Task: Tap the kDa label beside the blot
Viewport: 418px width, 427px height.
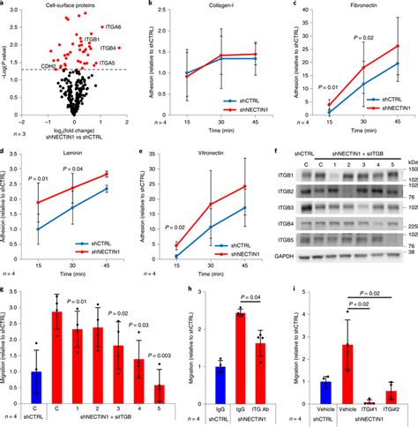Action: pos(408,161)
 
